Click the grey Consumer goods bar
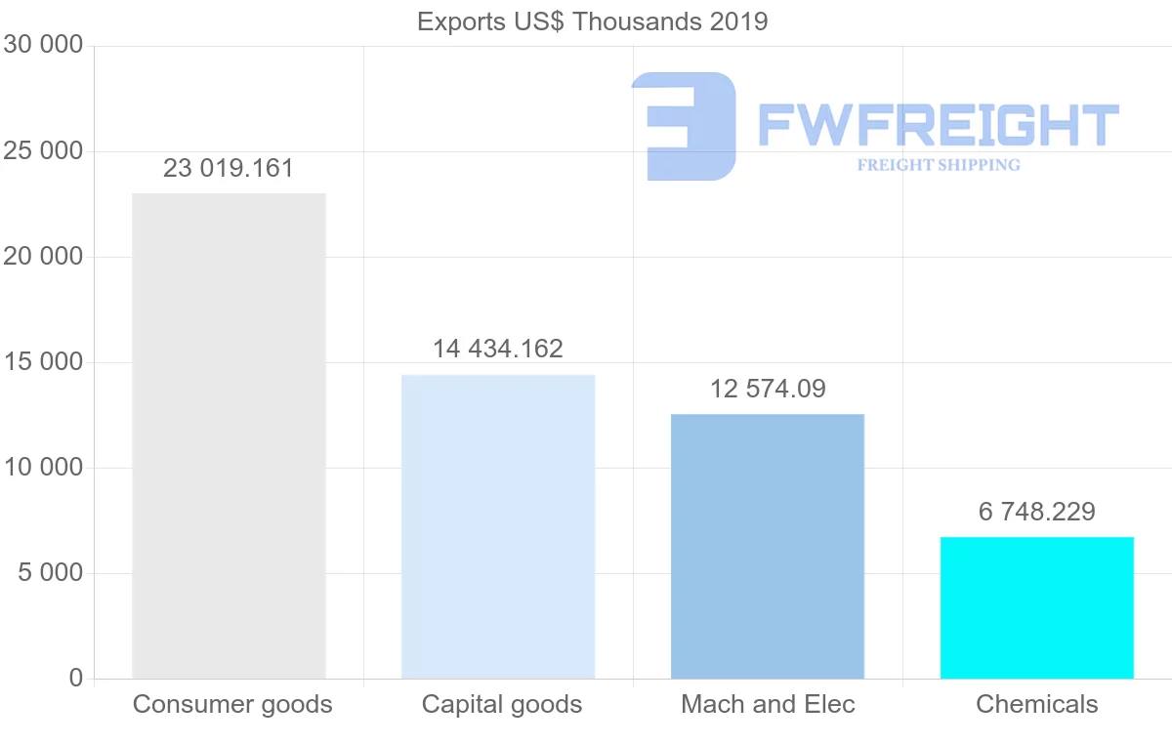point(229,435)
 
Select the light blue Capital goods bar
point(498,526)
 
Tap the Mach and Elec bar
point(768,546)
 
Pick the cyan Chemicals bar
point(1037,607)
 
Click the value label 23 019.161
point(229,168)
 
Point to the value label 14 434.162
point(498,349)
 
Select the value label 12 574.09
point(768,389)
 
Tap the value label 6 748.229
point(1037,512)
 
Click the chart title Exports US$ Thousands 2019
point(593,21)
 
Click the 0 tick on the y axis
point(76,679)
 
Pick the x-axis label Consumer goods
point(232,704)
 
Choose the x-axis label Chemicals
point(1037,704)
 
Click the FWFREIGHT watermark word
point(939,125)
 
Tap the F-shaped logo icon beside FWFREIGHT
point(684,126)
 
